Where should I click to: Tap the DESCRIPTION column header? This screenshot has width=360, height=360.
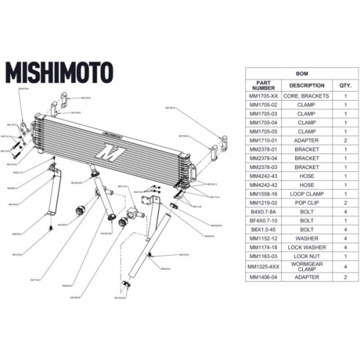pos(307,85)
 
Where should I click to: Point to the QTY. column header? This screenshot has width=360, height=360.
pos(346,85)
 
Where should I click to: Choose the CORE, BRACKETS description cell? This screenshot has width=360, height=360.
pos(307,96)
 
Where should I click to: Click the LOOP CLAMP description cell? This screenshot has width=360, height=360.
pos(307,194)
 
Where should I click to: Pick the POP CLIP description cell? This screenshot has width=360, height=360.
pos(307,203)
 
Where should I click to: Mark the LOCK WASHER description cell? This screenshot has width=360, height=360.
pos(307,247)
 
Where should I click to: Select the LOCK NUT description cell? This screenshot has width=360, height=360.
pos(307,256)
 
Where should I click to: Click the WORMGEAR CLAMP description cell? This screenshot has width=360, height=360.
pos(307,266)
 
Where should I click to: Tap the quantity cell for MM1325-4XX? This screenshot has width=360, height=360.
pos(346,266)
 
